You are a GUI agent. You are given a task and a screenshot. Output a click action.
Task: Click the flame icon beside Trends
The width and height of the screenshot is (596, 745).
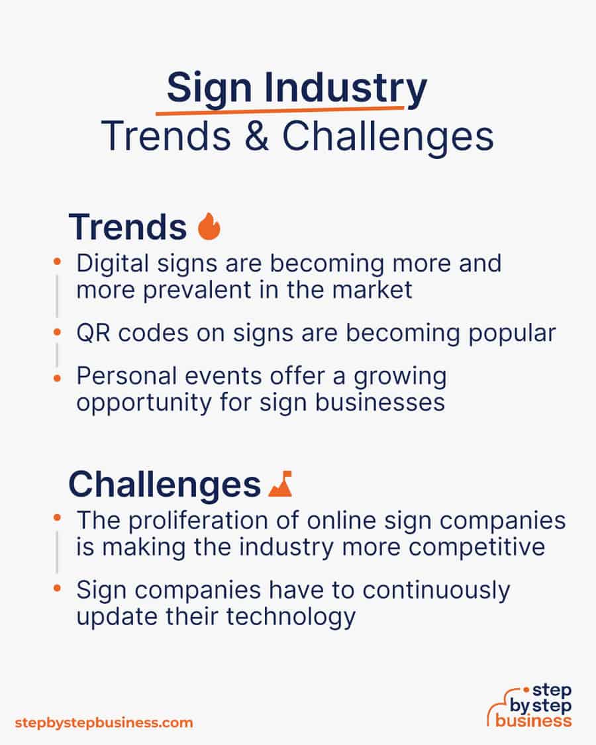pos(209,226)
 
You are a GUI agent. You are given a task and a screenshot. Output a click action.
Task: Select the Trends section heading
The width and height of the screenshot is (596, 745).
pos(128,227)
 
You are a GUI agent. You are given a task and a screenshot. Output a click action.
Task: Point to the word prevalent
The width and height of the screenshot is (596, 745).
pos(178,289)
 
